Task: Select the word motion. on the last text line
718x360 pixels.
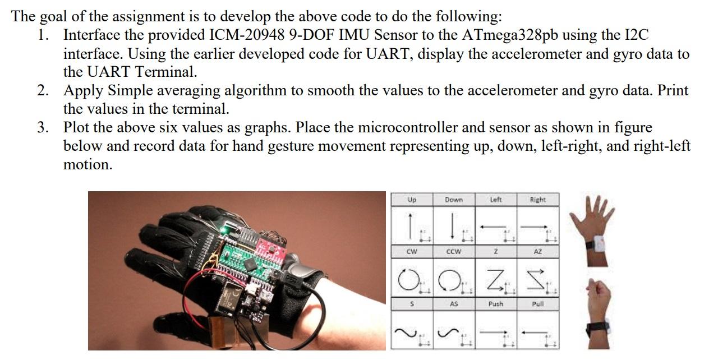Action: (88, 164)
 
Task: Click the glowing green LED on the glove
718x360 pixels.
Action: (223, 229)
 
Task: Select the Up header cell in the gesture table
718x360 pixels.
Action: (412, 199)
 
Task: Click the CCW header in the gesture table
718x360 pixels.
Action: (453, 252)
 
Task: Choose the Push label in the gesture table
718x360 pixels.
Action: (495, 304)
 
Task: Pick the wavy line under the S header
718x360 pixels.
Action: (407, 333)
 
